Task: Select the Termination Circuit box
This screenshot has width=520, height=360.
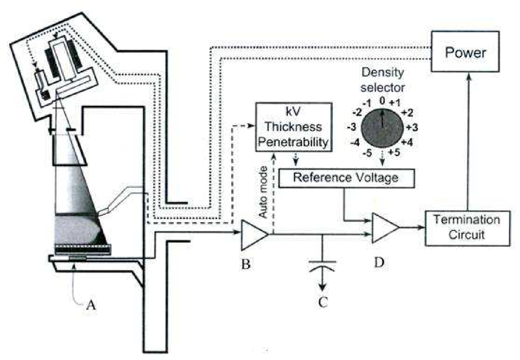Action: click(x=467, y=228)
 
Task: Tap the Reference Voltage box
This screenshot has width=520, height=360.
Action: click(x=347, y=178)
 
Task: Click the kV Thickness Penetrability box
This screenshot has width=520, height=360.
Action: click(x=294, y=127)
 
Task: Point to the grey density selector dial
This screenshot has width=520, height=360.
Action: click(x=382, y=128)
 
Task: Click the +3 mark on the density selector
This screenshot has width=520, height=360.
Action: click(x=412, y=128)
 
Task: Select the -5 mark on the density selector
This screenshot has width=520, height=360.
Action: click(x=367, y=153)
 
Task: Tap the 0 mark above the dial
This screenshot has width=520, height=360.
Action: click(x=382, y=101)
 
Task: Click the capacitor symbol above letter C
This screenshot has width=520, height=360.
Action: click(x=322, y=265)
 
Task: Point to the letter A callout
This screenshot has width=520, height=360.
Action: click(x=91, y=306)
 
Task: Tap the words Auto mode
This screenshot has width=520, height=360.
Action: click(x=263, y=192)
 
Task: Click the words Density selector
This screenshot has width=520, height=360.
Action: click(x=382, y=80)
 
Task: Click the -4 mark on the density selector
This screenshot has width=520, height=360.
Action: click(x=355, y=142)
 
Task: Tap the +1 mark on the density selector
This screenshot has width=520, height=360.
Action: click(x=395, y=103)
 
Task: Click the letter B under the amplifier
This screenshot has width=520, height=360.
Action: click(x=246, y=264)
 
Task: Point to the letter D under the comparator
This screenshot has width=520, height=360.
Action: click(x=379, y=262)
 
